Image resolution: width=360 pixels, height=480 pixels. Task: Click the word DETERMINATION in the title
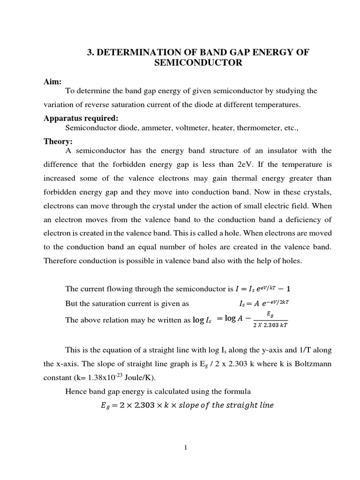point(135,52)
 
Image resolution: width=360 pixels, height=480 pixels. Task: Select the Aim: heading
point(52,82)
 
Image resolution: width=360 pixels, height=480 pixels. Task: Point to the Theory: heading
point(58,141)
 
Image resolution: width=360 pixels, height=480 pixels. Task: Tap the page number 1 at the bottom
point(186,448)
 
